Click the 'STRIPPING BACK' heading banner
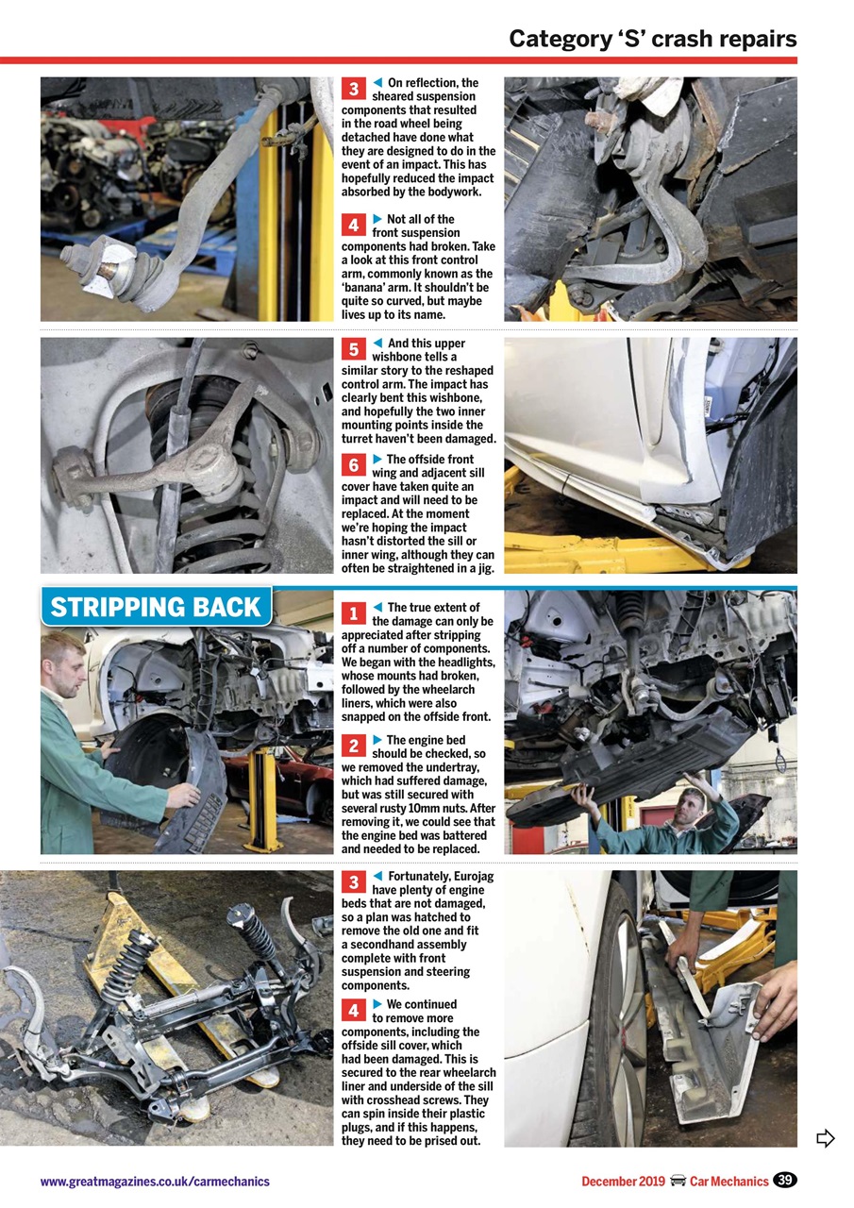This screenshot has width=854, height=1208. tap(157, 607)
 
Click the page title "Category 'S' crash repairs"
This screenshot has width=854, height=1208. tap(652, 39)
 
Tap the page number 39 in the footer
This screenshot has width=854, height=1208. tap(784, 1180)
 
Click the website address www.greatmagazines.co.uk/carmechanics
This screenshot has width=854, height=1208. tap(155, 1182)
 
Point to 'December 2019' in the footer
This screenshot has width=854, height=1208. tap(623, 1182)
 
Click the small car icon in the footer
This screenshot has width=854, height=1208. tap(678, 1182)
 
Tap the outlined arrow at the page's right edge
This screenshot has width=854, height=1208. tap(826, 1138)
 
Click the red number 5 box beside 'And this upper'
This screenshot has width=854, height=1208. tap(352, 349)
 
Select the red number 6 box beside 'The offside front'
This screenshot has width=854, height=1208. tap(352, 464)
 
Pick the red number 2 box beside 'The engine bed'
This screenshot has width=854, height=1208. tap(352, 746)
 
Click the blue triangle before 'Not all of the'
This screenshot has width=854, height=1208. tap(377, 219)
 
